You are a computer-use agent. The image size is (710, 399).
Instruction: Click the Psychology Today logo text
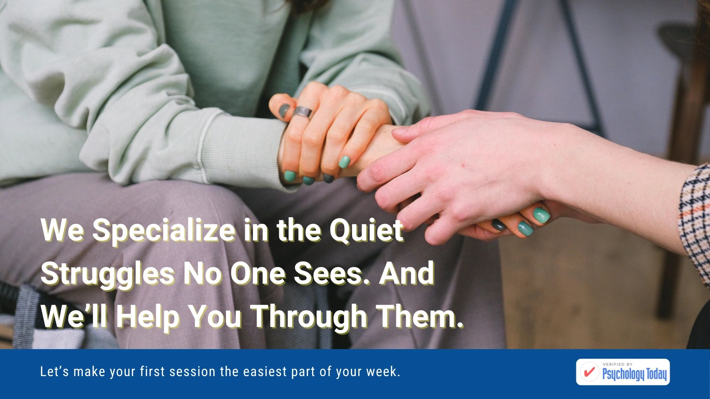click(x=635, y=374)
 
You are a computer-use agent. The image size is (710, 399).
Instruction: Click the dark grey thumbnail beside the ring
click(x=284, y=110)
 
